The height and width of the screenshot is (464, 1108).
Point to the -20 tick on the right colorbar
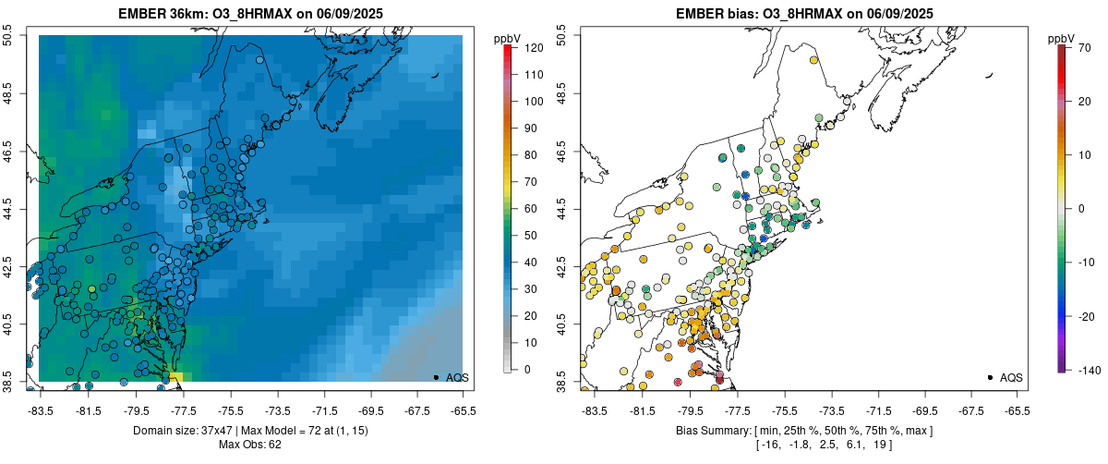[x=1085, y=316]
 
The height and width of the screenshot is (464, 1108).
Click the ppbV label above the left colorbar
[x=508, y=38]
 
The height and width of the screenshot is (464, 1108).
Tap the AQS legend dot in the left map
[x=436, y=377]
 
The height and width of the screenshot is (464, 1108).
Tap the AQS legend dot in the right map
[x=990, y=377]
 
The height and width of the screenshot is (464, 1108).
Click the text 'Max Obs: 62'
[x=249, y=445]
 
